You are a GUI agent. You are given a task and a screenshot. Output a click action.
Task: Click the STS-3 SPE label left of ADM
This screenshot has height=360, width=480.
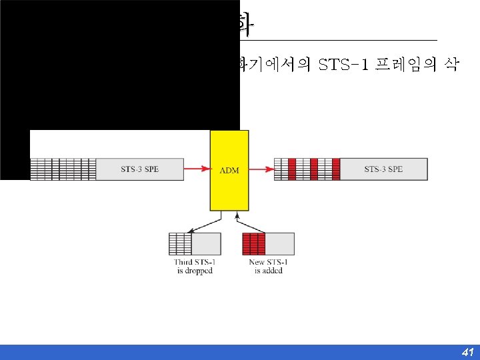click(x=139, y=169)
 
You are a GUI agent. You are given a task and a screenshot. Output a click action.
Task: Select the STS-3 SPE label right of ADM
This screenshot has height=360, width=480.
click(x=383, y=169)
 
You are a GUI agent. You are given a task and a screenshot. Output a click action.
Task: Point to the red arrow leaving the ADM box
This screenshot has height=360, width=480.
click(x=261, y=169)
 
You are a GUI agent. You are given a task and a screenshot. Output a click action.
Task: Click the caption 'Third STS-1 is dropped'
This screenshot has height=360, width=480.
click(x=195, y=267)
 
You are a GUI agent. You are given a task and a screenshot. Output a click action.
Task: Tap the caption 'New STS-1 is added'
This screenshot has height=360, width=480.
click(x=268, y=267)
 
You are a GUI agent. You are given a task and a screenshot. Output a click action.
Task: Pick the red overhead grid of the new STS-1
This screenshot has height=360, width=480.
click(x=254, y=244)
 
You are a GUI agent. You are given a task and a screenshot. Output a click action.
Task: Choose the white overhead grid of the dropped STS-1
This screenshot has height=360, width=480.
click(x=180, y=244)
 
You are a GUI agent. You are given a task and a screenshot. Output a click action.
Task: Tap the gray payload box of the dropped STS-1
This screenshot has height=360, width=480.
click(x=206, y=244)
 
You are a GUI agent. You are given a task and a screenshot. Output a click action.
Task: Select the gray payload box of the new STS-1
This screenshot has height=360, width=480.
click(x=280, y=244)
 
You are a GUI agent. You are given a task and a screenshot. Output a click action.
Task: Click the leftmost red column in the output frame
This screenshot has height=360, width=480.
click(x=292, y=169)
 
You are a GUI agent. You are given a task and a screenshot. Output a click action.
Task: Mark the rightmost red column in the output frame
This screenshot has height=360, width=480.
click(x=335, y=169)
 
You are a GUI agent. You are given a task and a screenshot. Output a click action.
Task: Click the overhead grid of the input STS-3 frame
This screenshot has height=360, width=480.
click(x=63, y=169)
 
